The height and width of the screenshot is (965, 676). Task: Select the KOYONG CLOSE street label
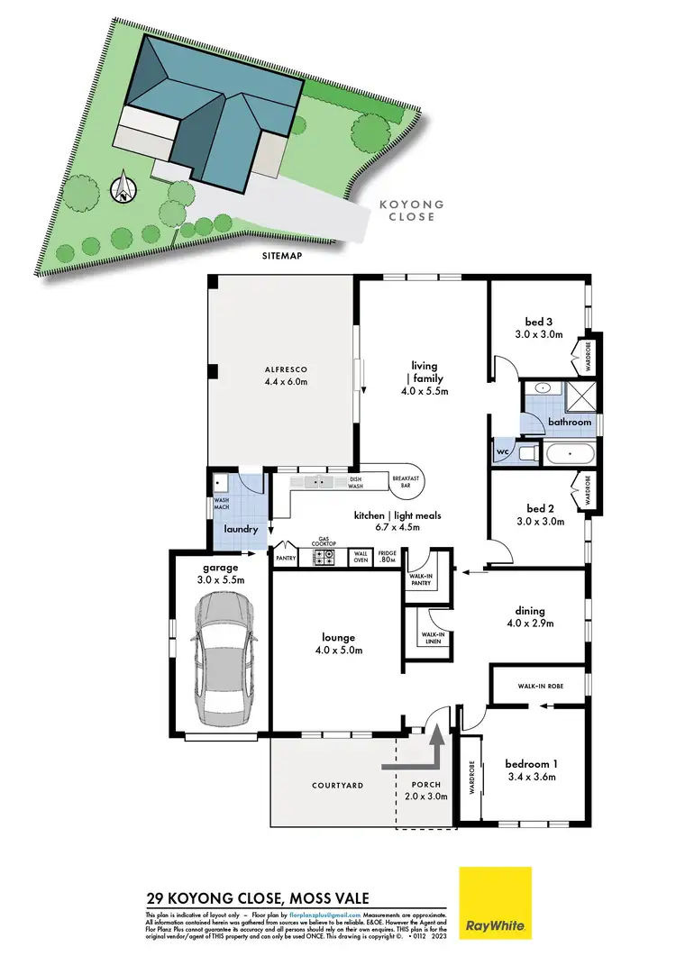tap(413, 211)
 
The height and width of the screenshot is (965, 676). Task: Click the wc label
tap(501, 451)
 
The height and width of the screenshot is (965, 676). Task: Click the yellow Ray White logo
tap(495, 902)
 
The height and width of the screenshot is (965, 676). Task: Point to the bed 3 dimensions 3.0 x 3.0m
tap(544, 334)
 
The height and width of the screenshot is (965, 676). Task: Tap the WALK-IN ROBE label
tap(541, 687)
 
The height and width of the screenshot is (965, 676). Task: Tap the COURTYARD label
tap(337, 786)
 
